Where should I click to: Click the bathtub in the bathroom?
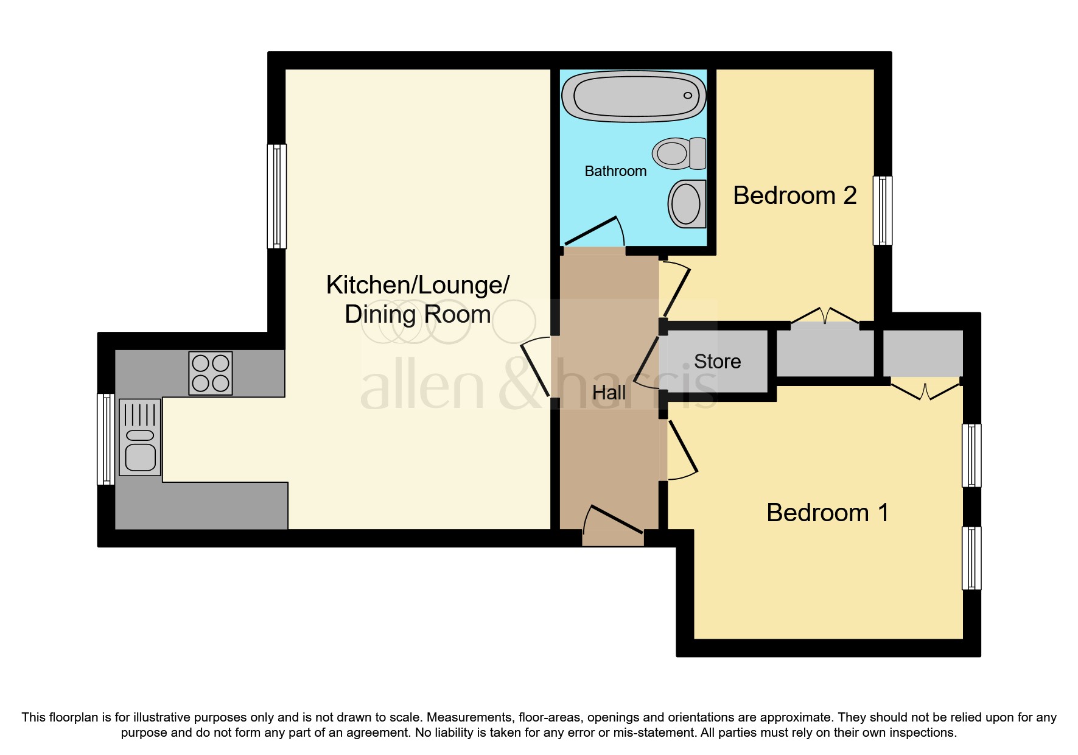(634, 96)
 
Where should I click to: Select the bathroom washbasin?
(687, 203)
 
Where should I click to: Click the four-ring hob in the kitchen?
(211, 373)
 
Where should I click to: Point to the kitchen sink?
(140, 437)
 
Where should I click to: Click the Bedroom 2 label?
(794, 195)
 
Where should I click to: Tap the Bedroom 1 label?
(827, 513)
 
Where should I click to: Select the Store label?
(718, 362)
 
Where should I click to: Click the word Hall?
(609, 393)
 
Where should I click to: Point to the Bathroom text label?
(615, 171)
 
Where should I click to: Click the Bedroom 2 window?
(883, 211)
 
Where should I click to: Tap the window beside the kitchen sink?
(106, 439)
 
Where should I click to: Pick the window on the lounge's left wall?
(277, 196)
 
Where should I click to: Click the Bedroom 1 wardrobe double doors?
(925, 390)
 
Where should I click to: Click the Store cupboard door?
(648, 364)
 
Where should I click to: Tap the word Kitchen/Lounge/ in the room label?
(418, 285)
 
